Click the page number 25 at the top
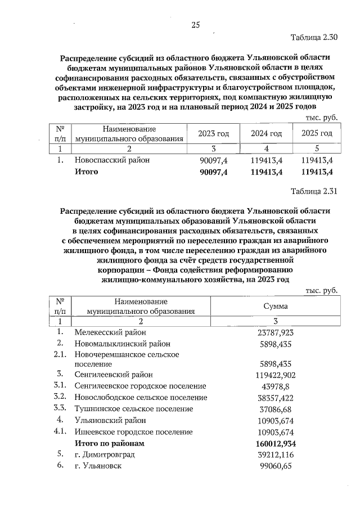(196, 25)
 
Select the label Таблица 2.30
(313, 38)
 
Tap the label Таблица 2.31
(313, 191)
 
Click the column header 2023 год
(213, 133)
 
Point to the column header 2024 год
(265, 133)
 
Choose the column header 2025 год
(317, 133)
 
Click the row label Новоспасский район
(112, 160)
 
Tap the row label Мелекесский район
(110, 332)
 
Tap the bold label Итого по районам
(110, 444)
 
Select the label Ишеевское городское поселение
(134, 432)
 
